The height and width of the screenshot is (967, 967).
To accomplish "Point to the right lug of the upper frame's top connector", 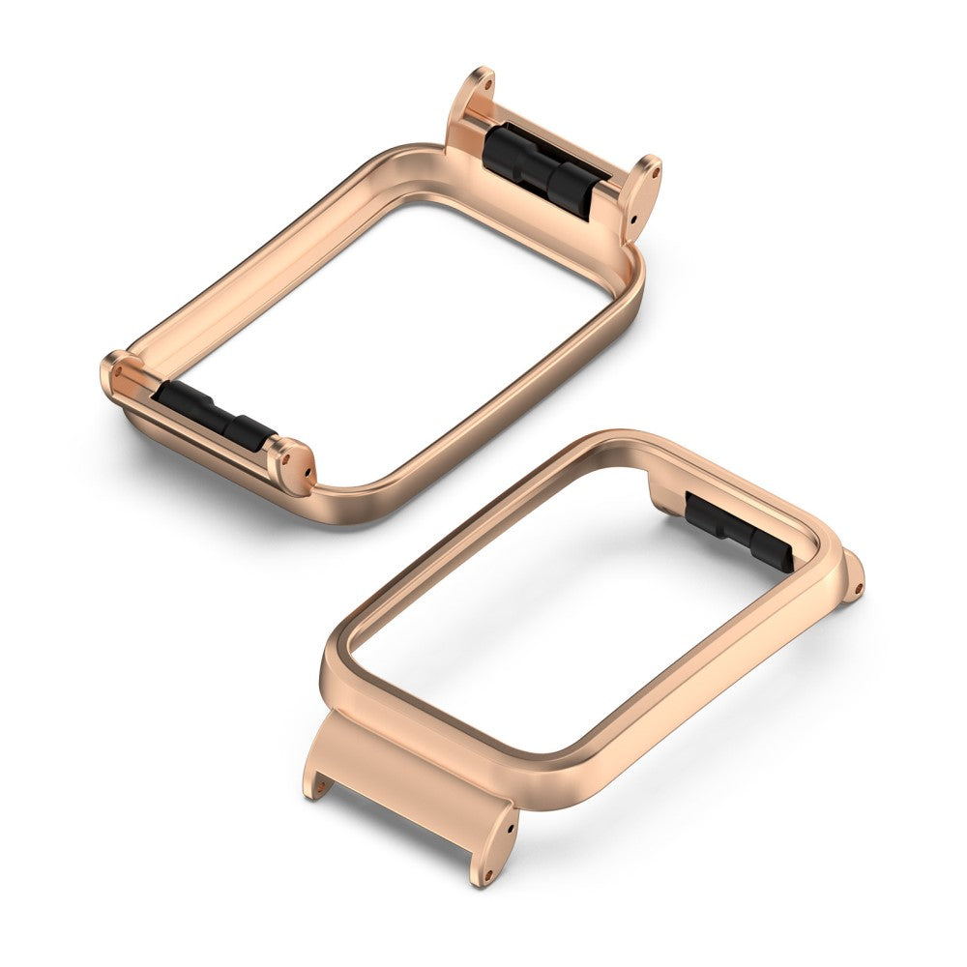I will [643, 193].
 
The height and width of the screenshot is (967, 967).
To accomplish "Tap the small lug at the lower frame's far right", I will [852, 577].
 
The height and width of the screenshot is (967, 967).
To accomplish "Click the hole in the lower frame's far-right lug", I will [857, 584].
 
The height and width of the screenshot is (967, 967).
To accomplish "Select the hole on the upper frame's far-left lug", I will [118, 368].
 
